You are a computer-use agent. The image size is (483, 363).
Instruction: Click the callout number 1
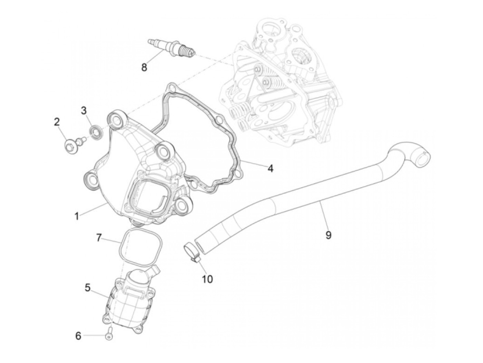click(x=77, y=216)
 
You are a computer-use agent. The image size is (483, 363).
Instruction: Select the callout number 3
click(x=84, y=110)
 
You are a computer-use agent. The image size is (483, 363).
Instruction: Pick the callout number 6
click(x=78, y=335)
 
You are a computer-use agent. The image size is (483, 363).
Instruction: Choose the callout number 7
click(x=99, y=238)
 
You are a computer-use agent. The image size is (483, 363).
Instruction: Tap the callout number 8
click(x=144, y=67)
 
